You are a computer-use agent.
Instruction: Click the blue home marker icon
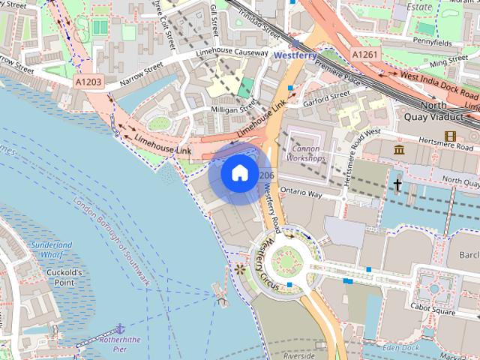pos(238,173)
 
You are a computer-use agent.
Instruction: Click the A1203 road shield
pos(88,80)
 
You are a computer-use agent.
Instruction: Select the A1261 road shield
pos(365,55)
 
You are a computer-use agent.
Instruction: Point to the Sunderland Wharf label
pos(52,250)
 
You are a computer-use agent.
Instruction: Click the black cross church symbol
pos(397,184)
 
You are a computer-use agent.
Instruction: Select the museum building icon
pos(399,151)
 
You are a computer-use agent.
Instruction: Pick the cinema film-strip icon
pos(450,136)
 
